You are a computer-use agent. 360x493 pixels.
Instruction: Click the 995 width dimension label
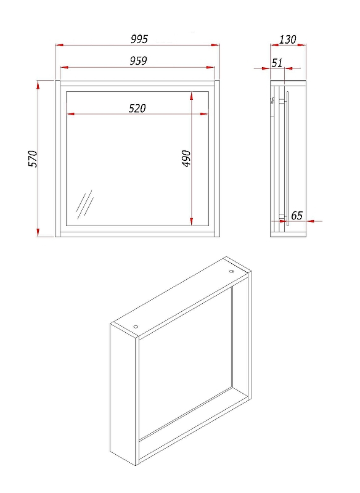(x=139, y=39)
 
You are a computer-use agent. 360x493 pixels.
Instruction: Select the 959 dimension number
(x=138, y=60)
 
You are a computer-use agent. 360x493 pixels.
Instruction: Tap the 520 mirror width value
(x=137, y=108)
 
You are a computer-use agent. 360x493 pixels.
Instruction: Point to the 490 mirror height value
(x=186, y=158)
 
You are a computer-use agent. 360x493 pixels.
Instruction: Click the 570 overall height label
(x=33, y=159)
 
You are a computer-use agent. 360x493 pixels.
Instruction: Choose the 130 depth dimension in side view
(x=288, y=39)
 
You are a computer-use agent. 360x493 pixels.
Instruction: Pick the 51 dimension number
(x=277, y=63)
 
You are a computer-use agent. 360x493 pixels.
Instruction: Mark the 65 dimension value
(x=297, y=216)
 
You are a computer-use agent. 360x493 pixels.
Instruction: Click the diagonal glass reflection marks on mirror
(x=84, y=205)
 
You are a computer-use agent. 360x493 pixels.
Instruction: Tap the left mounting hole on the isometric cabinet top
(x=136, y=327)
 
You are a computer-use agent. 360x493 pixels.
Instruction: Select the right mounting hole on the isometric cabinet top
(x=232, y=271)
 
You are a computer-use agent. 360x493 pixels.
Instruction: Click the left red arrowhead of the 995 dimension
(x=59, y=45)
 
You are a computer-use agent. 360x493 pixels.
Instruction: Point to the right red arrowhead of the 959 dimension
(x=210, y=67)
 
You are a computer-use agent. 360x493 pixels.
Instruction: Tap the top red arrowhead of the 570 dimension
(x=38, y=85)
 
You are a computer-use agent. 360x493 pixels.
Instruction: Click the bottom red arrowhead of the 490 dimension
(x=192, y=221)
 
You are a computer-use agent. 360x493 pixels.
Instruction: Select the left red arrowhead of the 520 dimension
(x=70, y=114)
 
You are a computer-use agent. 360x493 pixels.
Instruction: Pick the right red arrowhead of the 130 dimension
(x=302, y=45)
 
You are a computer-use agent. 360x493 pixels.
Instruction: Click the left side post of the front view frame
(x=57, y=159)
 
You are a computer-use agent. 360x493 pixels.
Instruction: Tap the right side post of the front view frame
(x=217, y=159)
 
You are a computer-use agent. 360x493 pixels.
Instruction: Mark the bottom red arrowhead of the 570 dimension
(x=38, y=232)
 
